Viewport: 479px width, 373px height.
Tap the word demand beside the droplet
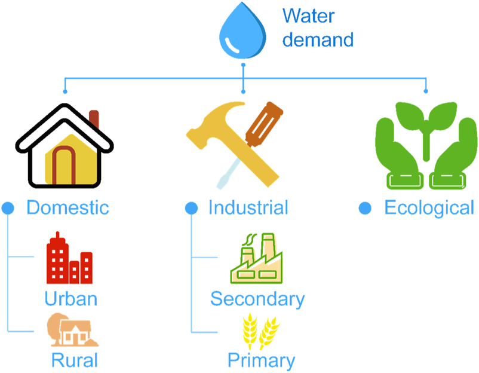pyautogui.click(x=318, y=40)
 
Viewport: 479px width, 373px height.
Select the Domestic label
pyautogui.click(x=67, y=207)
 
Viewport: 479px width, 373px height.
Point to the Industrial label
pyautogui.click(x=248, y=207)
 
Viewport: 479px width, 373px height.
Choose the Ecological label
pyautogui.click(x=429, y=207)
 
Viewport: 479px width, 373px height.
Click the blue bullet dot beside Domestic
pyautogui.click(x=8, y=208)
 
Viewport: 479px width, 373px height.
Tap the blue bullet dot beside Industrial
pyautogui.click(x=191, y=208)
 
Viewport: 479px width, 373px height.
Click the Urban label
pyautogui.click(x=70, y=298)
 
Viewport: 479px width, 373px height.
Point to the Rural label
pyautogui.click(x=74, y=360)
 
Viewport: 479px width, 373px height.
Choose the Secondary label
pyautogui.click(x=257, y=298)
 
